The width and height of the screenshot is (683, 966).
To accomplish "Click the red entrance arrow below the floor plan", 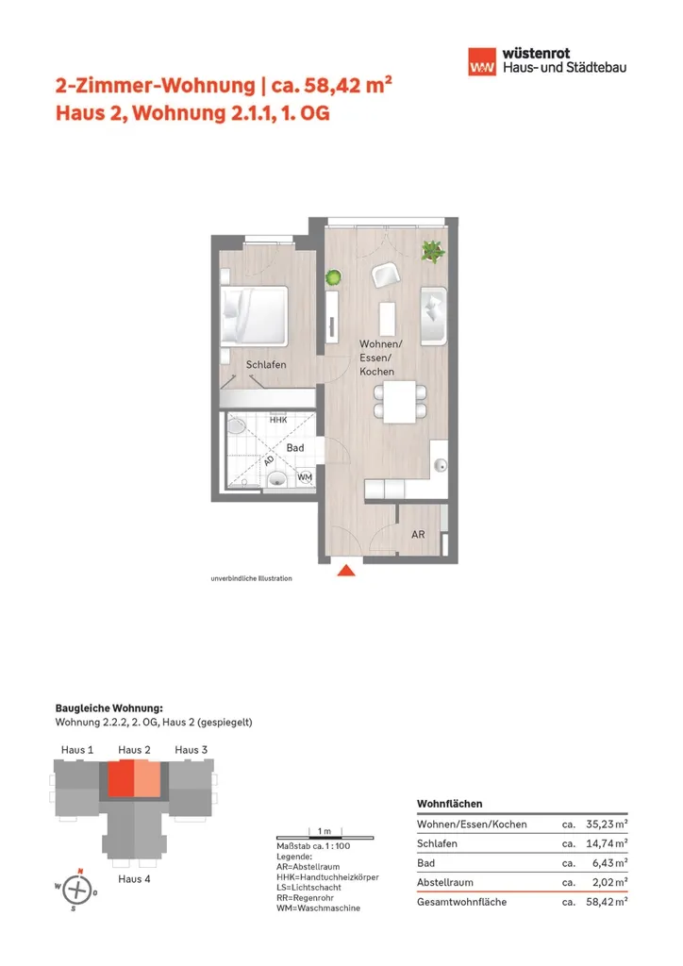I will point(347,570).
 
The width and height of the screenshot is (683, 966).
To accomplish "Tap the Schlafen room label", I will point(266,364).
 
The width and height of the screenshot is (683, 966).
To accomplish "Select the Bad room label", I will point(295,447).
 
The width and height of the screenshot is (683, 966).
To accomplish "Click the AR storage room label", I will point(418,535).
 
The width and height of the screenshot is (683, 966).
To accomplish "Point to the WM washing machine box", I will point(304,477).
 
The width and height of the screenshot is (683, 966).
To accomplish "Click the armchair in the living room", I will point(384,275).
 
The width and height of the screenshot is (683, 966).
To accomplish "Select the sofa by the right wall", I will point(438,313).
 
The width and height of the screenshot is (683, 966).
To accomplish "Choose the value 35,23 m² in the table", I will point(607,824).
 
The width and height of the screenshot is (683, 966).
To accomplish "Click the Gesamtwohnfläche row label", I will point(461,902).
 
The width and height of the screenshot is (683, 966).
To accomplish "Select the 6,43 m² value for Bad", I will point(610,863).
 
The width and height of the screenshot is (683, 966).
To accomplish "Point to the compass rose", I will point(79,889).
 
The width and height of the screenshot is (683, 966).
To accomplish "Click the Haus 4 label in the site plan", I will point(134,878).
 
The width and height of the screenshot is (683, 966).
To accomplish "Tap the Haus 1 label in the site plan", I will point(76,750).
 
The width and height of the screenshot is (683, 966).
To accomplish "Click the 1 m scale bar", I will point(324,838).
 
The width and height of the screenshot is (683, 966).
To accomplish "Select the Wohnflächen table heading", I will point(449,804).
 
